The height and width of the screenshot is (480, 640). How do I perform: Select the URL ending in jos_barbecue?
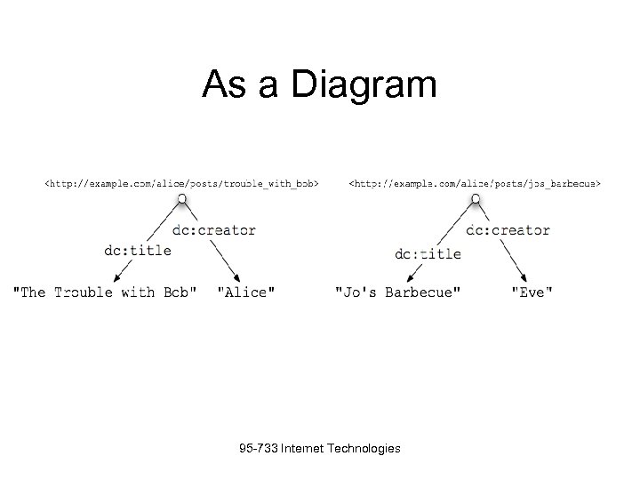pyautogui.click(x=475, y=184)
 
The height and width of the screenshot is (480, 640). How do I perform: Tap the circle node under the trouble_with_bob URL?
pyautogui.click(x=181, y=198)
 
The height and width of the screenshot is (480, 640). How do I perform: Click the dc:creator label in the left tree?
pyautogui.click(x=213, y=230)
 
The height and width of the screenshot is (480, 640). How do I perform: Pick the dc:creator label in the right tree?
pyautogui.click(x=508, y=230)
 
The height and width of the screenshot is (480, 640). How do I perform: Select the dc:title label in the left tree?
pyautogui.click(x=138, y=250)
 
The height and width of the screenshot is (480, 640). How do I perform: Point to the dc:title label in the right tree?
pyautogui.click(x=428, y=253)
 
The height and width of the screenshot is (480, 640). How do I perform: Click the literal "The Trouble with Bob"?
pyautogui.click(x=105, y=292)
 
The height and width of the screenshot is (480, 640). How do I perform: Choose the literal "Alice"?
pyautogui.click(x=246, y=292)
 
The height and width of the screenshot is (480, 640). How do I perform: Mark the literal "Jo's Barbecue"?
pyautogui.click(x=397, y=292)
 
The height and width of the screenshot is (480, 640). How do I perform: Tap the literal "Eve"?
pyautogui.click(x=532, y=292)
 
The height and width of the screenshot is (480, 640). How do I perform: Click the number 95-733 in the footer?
pyautogui.click(x=258, y=449)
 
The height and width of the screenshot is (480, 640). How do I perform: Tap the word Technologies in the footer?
pyautogui.click(x=364, y=449)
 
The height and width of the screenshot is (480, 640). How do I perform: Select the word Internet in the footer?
pyautogui.click(x=302, y=449)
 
